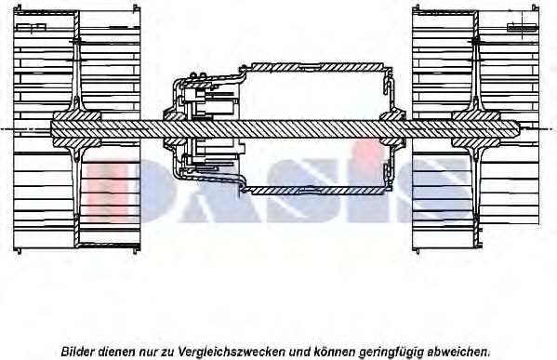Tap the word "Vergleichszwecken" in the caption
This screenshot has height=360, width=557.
[232, 353]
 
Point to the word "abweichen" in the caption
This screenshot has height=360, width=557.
[456, 352]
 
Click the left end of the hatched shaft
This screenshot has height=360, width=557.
[51, 128]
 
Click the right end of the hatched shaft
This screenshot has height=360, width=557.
[518, 128]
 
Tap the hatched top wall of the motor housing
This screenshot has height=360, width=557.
[316, 67]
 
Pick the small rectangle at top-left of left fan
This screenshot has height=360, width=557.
[32, 27]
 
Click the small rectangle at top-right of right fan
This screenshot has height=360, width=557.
[522, 27]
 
